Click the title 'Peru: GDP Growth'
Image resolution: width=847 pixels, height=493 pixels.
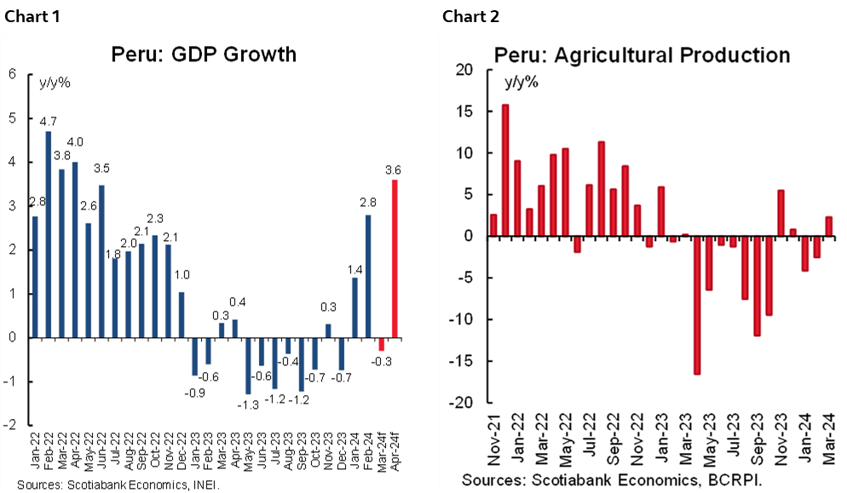pyautogui.click(x=204, y=54)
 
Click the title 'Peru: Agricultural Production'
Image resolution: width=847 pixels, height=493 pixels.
pyautogui.click(x=642, y=55)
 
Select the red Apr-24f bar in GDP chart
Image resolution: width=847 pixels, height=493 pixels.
pyautogui.click(x=395, y=258)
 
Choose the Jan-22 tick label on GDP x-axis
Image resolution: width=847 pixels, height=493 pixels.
pyautogui.click(x=35, y=446)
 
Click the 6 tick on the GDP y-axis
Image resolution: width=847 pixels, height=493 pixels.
pyautogui.click(x=12, y=74)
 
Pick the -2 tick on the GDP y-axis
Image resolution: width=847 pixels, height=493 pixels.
pyautogui.click(x=9, y=425)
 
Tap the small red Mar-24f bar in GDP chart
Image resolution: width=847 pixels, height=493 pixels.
pyautogui.click(x=382, y=344)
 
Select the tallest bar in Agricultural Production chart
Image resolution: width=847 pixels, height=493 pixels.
pyautogui.click(x=505, y=170)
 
